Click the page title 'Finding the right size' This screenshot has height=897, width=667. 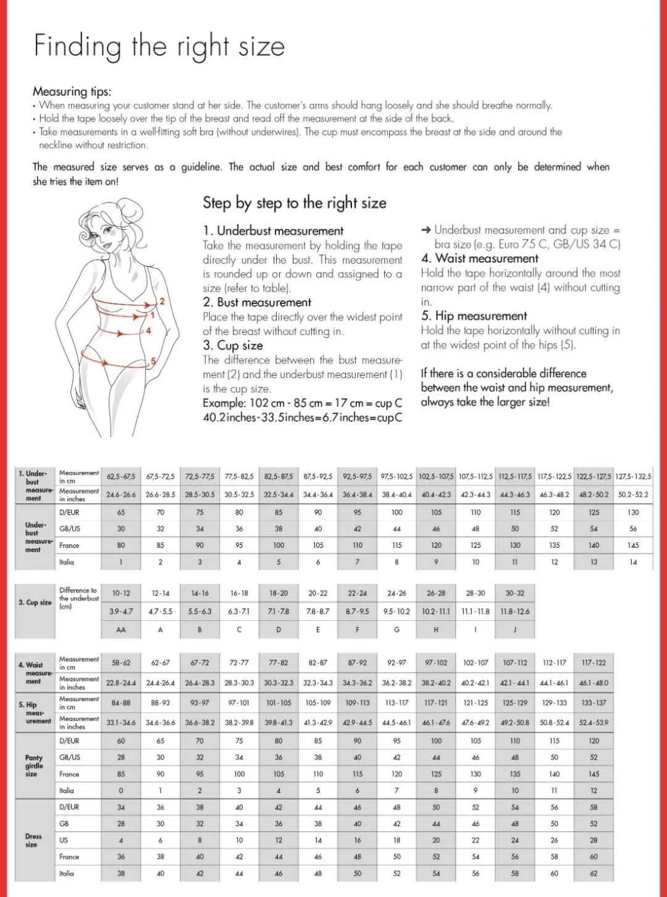coord(159,47)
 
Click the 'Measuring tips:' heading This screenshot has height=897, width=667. coord(72,91)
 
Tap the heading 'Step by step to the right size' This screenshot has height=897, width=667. coord(295,203)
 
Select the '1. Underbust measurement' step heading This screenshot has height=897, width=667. coord(273,231)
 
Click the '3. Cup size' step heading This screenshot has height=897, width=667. coord(232,345)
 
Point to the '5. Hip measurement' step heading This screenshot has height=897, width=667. coord(474,316)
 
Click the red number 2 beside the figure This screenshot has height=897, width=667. coord(162,301)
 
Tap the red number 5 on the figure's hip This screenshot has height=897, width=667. coord(153,361)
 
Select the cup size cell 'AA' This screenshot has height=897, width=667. coord(121,630)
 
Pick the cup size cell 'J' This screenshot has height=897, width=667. coord(514,630)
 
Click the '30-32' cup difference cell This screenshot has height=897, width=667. coord(514,593)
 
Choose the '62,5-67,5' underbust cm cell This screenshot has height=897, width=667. coord(121,477)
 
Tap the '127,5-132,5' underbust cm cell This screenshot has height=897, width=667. coord(633,477)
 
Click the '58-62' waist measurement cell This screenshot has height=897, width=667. coord(121,663)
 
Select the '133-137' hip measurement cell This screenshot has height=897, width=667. coord(594,703)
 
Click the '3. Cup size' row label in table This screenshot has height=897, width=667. coord(35,602)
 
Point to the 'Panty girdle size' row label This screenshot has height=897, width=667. coord(33,765)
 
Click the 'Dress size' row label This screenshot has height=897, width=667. coord(33,840)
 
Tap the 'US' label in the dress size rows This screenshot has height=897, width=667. coord(64,840)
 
